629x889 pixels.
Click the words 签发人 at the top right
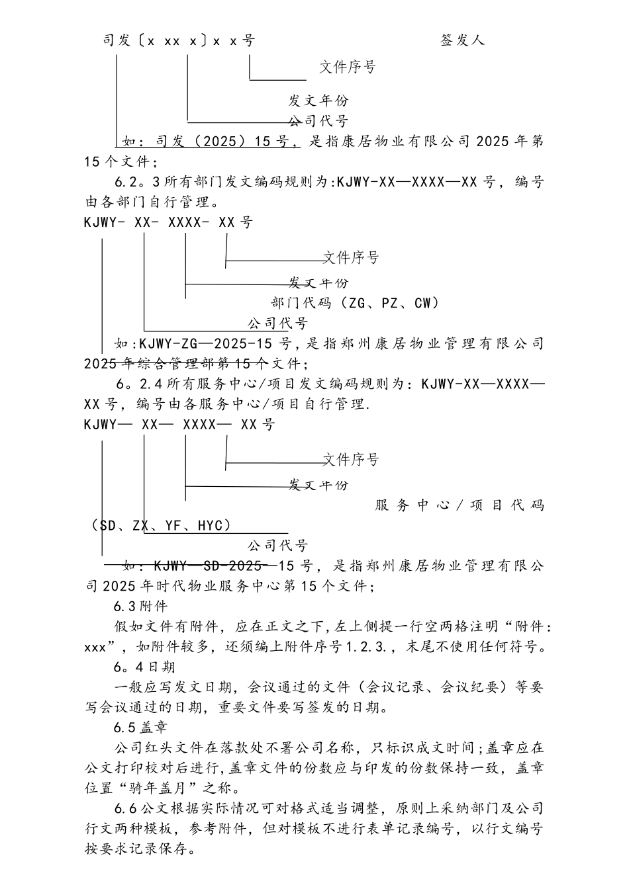tap(462, 40)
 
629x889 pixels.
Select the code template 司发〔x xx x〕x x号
tap(179, 40)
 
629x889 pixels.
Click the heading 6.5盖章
tap(140, 728)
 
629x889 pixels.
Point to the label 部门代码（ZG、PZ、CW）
tap(356, 303)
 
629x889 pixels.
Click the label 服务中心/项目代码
tap(460, 506)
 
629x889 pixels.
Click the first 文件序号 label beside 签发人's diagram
tap(348, 67)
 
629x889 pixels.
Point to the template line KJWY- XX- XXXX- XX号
tap(168, 222)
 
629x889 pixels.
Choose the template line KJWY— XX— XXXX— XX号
tap(179, 425)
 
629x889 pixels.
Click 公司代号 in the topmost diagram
tap(318, 121)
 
